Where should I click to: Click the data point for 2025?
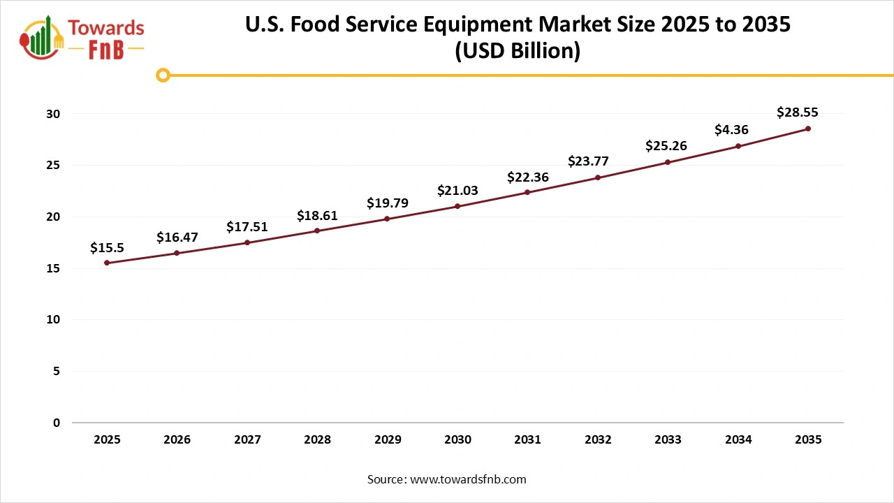107,263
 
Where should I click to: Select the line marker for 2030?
457,206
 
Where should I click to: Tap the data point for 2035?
808,129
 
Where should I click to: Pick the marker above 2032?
598,177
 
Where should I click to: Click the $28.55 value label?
798,112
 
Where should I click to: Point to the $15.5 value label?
107,247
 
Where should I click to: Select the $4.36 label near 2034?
731,129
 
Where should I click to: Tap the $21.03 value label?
457,190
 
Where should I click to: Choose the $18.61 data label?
317,215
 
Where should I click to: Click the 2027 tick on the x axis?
247,439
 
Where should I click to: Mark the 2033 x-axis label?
668,439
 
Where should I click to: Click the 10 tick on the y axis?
56,320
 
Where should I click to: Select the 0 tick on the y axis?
57,423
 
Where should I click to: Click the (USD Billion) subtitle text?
518,52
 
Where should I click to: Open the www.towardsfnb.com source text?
467,479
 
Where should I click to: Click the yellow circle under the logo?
163,75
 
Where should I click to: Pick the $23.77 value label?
587,161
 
